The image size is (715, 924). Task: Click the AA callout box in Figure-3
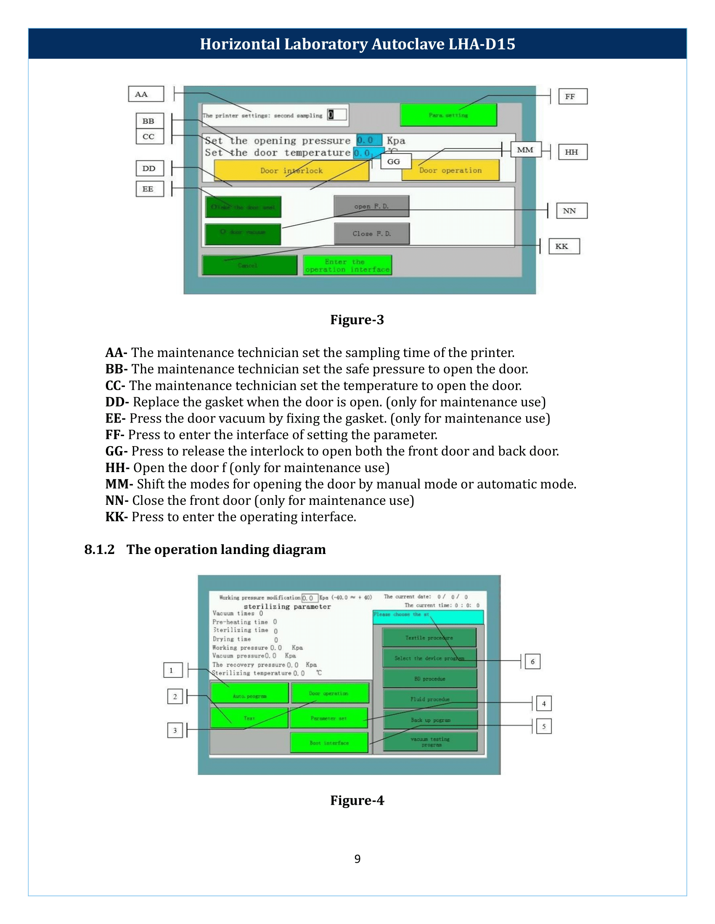click(x=146, y=94)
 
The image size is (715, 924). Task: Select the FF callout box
click(x=573, y=97)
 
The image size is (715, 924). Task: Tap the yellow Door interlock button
click(x=291, y=171)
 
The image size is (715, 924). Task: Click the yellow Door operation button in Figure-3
click(x=450, y=171)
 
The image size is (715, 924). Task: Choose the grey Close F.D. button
click(x=371, y=234)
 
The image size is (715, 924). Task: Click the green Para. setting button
click(x=448, y=115)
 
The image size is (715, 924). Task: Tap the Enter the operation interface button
click(x=347, y=265)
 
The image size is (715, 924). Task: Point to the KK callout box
click(x=564, y=246)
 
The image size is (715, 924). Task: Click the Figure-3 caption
click(x=357, y=320)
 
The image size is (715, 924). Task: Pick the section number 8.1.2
click(x=100, y=550)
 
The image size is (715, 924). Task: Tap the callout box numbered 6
click(x=532, y=661)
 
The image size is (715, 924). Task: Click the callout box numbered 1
click(x=173, y=670)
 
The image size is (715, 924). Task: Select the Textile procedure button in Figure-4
click(x=429, y=638)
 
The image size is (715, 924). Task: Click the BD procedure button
click(x=429, y=679)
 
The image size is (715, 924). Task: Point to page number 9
click(x=357, y=859)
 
